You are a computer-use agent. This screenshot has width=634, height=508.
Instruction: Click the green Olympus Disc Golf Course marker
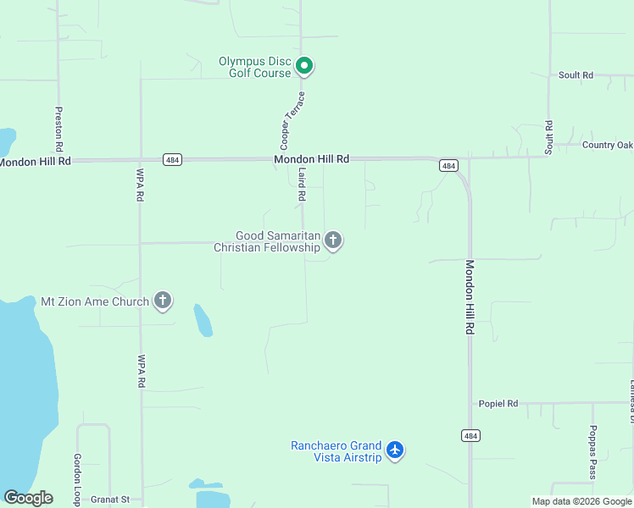305,66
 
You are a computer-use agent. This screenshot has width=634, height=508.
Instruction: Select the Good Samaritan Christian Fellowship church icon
333,241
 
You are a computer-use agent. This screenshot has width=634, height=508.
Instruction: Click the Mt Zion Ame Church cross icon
163,301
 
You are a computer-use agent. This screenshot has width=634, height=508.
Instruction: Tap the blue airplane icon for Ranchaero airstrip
395,450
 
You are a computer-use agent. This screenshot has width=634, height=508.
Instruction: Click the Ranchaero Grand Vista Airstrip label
336,451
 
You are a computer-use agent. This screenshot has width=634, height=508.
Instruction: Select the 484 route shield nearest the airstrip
471,435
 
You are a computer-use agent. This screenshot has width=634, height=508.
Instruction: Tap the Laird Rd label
301,184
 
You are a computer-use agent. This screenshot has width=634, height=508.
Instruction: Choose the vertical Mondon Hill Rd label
469,296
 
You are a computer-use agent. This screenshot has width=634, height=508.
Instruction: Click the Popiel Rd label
498,404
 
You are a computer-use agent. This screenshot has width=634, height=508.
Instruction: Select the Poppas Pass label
593,452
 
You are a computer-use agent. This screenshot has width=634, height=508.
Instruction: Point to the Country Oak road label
608,145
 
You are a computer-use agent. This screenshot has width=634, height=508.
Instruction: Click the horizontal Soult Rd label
576,75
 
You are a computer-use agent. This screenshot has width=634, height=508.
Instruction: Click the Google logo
28,498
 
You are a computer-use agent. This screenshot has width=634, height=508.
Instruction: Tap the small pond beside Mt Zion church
203,320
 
